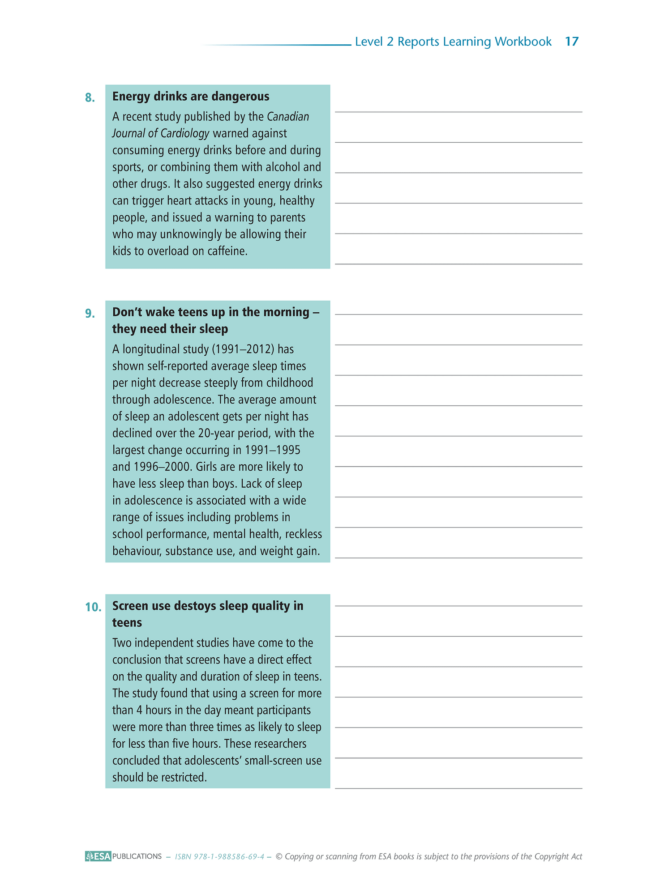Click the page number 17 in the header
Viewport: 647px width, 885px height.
572,42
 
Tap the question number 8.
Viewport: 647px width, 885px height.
90,98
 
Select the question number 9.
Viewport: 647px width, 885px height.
90,314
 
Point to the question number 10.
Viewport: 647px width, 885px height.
93,607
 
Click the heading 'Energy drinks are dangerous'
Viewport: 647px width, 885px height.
191,97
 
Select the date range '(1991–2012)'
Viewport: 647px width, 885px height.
243,349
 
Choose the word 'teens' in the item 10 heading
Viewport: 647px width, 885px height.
127,623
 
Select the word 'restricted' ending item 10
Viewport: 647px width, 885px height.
184,777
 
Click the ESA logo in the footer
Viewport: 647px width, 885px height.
98,856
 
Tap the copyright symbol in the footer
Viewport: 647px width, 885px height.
279,856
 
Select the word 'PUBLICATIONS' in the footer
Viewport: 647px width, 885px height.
137,856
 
